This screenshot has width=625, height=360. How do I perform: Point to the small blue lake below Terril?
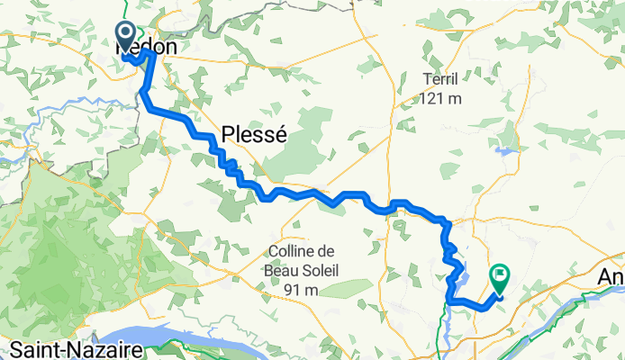click(x=504, y=152)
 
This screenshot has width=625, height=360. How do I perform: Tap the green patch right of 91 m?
click(x=342, y=289)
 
